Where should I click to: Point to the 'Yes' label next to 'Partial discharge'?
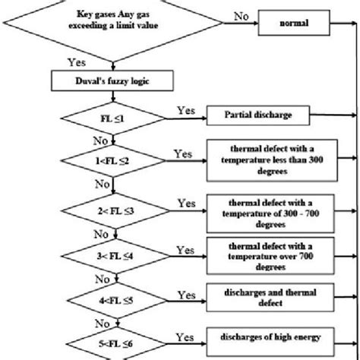(186, 110)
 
